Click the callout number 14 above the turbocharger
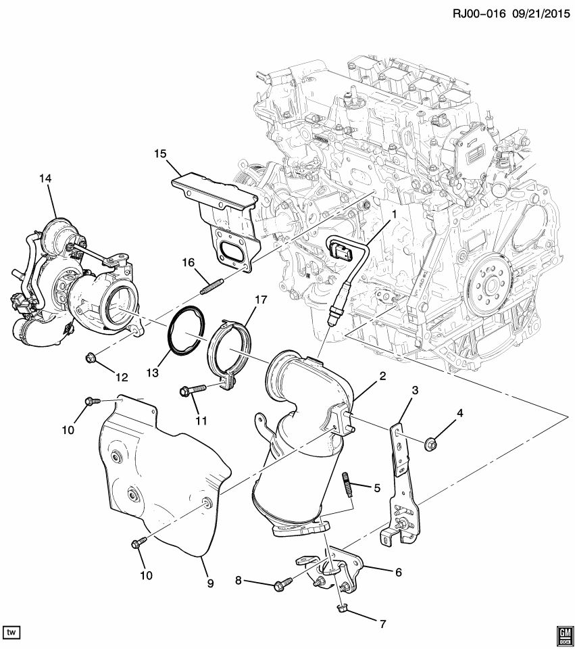pyautogui.click(x=45, y=178)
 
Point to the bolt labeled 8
pyautogui.click(x=281, y=585)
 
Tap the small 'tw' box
pyautogui.click(x=11, y=632)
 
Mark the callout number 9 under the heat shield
pyautogui.click(x=210, y=582)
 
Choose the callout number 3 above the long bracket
pyautogui.click(x=415, y=389)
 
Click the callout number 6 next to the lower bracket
pyautogui.click(x=398, y=571)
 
